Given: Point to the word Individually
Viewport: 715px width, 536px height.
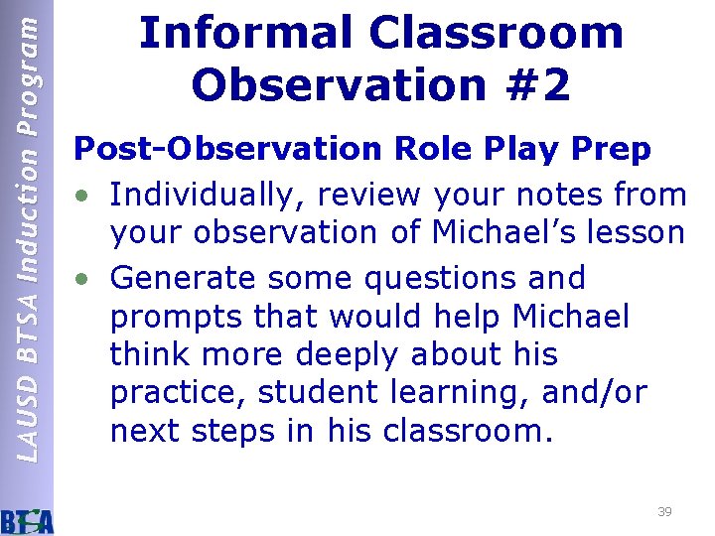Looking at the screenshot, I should coord(202,195).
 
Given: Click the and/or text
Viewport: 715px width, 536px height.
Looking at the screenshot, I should coord(594,394).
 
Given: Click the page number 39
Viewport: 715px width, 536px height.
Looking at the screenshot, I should coord(664,512).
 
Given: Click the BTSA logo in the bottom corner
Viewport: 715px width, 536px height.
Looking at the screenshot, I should coord(27,519).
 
